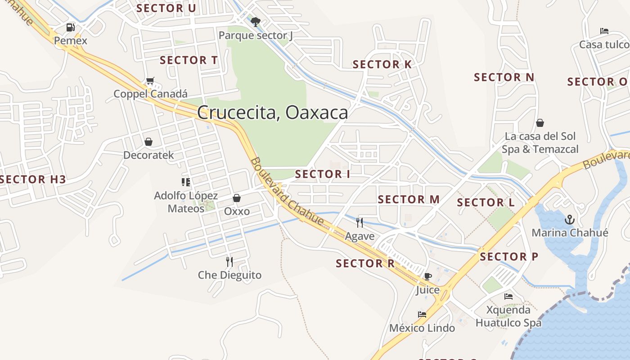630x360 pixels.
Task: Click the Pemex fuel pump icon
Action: coord(70,27)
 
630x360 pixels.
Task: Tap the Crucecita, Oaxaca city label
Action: coord(272,112)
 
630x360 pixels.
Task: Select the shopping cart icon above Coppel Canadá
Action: coord(150,81)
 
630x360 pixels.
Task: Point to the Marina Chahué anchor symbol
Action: coord(570,220)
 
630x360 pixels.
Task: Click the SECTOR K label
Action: coord(382,64)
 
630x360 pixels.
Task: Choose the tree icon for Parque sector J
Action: coord(256,22)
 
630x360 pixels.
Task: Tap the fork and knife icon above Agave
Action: coord(360,222)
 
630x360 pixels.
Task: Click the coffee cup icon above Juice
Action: coord(427,276)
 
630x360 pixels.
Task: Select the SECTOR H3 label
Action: coord(33,180)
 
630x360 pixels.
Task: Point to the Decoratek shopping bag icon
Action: coord(148,142)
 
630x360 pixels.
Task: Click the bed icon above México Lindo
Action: coord(422,315)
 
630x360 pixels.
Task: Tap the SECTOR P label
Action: coord(509,257)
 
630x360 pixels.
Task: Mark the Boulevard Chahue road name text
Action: coord(287,191)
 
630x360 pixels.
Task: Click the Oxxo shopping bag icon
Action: coord(237,198)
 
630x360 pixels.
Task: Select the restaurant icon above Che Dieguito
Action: coord(229,261)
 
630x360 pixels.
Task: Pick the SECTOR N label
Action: coord(504,77)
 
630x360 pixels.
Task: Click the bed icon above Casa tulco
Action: coord(604,31)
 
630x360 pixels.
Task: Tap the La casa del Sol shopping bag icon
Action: coord(540,123)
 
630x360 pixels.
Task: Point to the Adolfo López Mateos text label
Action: coord(186,202)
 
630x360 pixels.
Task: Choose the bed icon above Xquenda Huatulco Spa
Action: coord(508,297)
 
